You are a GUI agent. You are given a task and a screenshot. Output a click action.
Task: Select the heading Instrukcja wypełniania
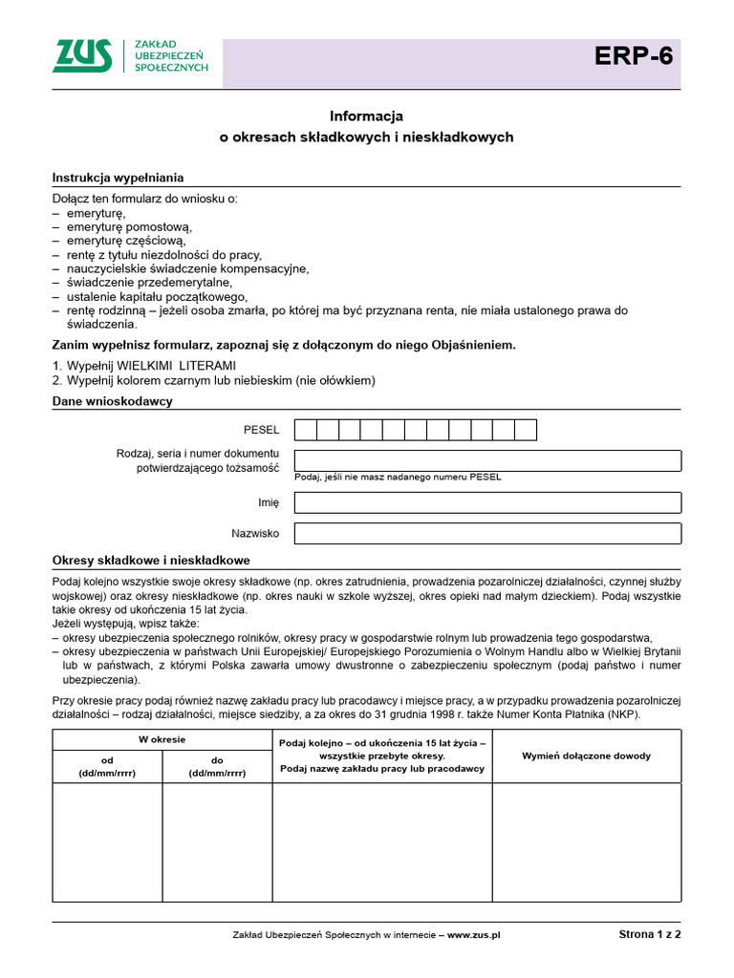coord(118,178)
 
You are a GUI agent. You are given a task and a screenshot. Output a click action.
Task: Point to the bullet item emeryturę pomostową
coord(129,227)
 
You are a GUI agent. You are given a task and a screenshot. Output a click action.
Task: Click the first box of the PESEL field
coord(305,430)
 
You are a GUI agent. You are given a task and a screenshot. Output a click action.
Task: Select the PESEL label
coord(262,431)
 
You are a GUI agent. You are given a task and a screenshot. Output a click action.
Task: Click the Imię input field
coord(487,502)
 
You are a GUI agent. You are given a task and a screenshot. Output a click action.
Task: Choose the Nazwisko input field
coord(487,533)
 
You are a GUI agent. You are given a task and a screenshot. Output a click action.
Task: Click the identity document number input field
coord(487,460)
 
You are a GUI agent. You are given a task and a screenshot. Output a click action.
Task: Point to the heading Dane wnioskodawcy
coord(112,401)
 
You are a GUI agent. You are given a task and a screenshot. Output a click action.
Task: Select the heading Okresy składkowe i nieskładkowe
coord(151,561)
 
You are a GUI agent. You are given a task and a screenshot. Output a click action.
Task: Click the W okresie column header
coord(162,740)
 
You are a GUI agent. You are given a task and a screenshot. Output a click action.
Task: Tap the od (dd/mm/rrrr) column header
coord(107,767)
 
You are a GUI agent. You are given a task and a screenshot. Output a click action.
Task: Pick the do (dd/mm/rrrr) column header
coord(217,767)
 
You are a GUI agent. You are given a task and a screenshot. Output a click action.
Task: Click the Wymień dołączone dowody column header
coord(586,755)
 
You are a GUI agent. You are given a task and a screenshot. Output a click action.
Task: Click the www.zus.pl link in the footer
coord(474,936)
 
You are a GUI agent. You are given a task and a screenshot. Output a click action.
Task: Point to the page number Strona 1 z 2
coord(650,935)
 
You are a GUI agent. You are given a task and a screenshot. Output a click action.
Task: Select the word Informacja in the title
coord(367,116)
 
